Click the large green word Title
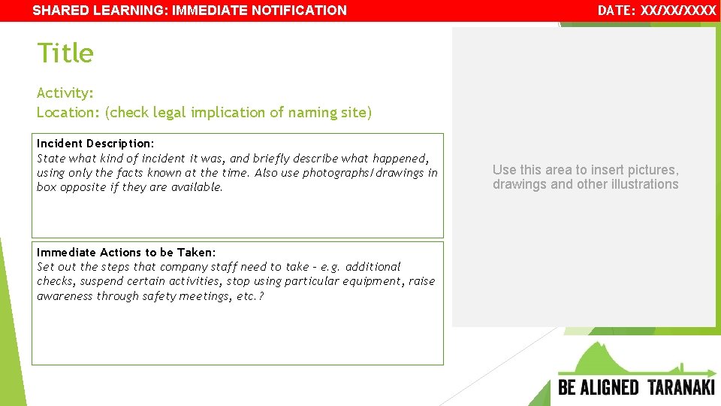point(65,53)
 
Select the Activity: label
point(65,92)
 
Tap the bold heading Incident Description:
point(95,143)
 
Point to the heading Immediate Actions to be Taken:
point(126,252)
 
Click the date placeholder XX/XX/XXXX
point(678,11)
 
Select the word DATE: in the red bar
point(616,11)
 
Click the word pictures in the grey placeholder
point(651,170)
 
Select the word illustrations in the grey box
point(641,184)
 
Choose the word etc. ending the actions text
point(249,296)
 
